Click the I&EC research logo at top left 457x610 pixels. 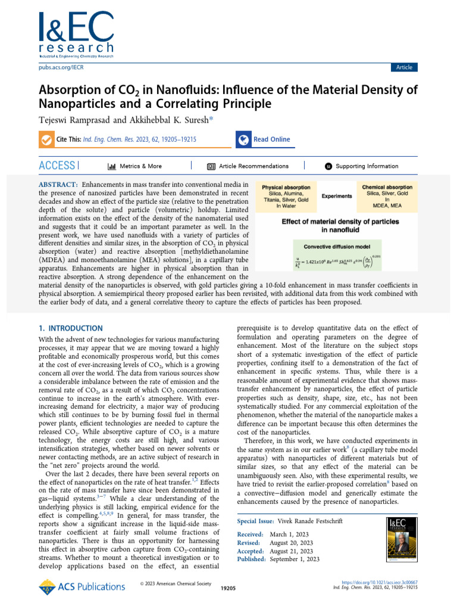[76, 34]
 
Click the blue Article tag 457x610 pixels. [404, 67]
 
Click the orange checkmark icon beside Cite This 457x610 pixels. [46, 139]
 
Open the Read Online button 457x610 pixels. [271, 139]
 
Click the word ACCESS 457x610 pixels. [57, 166]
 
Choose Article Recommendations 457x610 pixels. [253, 166]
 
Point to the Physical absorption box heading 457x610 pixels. [286, 187]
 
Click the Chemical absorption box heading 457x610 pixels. [387, 187]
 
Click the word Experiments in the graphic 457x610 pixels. [337, 196]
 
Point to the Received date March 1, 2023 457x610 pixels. [290, 534]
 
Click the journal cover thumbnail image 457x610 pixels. [402, 540]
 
